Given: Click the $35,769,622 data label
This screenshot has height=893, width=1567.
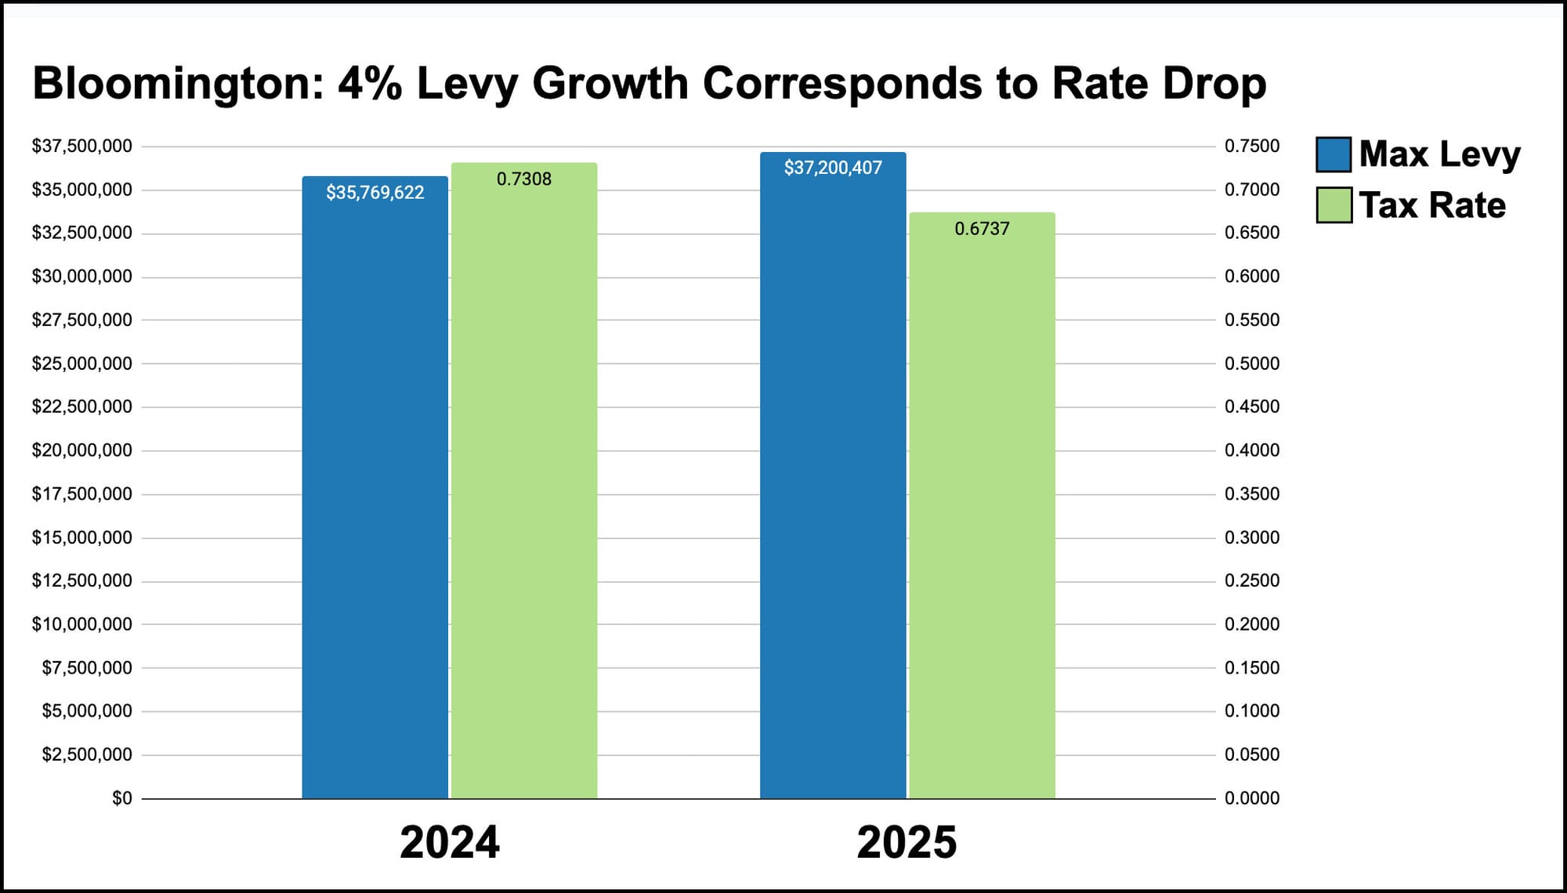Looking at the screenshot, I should pos(375,193).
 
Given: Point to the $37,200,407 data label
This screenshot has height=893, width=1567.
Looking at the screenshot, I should pos(833,168).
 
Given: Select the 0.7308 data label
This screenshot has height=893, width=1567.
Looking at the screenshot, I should pos(524,179).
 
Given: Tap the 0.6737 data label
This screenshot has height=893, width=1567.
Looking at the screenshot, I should pos(982,229).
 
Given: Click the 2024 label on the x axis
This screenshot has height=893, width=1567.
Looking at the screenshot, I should pos(450,843).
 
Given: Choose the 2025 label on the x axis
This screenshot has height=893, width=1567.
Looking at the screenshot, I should pos(907,843).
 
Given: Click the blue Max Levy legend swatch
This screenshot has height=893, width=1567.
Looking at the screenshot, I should pos(1334,154).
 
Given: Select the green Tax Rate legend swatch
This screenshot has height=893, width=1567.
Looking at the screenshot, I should pos(1334,205).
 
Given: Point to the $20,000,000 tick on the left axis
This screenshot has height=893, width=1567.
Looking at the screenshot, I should pos(81,450).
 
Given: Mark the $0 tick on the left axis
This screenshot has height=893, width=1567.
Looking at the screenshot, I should pos(122,798).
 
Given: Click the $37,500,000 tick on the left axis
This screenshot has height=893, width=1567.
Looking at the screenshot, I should pos(81,146).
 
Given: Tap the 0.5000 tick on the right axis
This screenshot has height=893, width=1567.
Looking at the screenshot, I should pos(1252,363).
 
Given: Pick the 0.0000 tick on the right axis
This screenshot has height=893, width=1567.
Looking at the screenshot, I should pos(1252,798).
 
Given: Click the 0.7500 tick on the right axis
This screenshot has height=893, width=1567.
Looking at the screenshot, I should pos(1252,146).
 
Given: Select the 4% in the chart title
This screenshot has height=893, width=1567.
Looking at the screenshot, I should pos(370,83).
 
